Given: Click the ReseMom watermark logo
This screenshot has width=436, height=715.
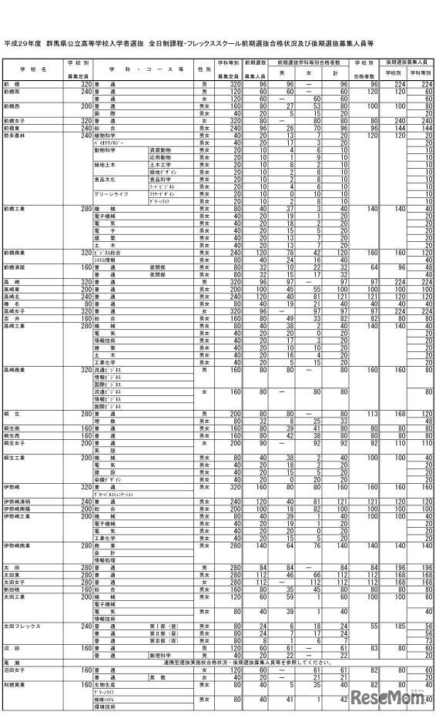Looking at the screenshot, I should coord(389,697).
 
